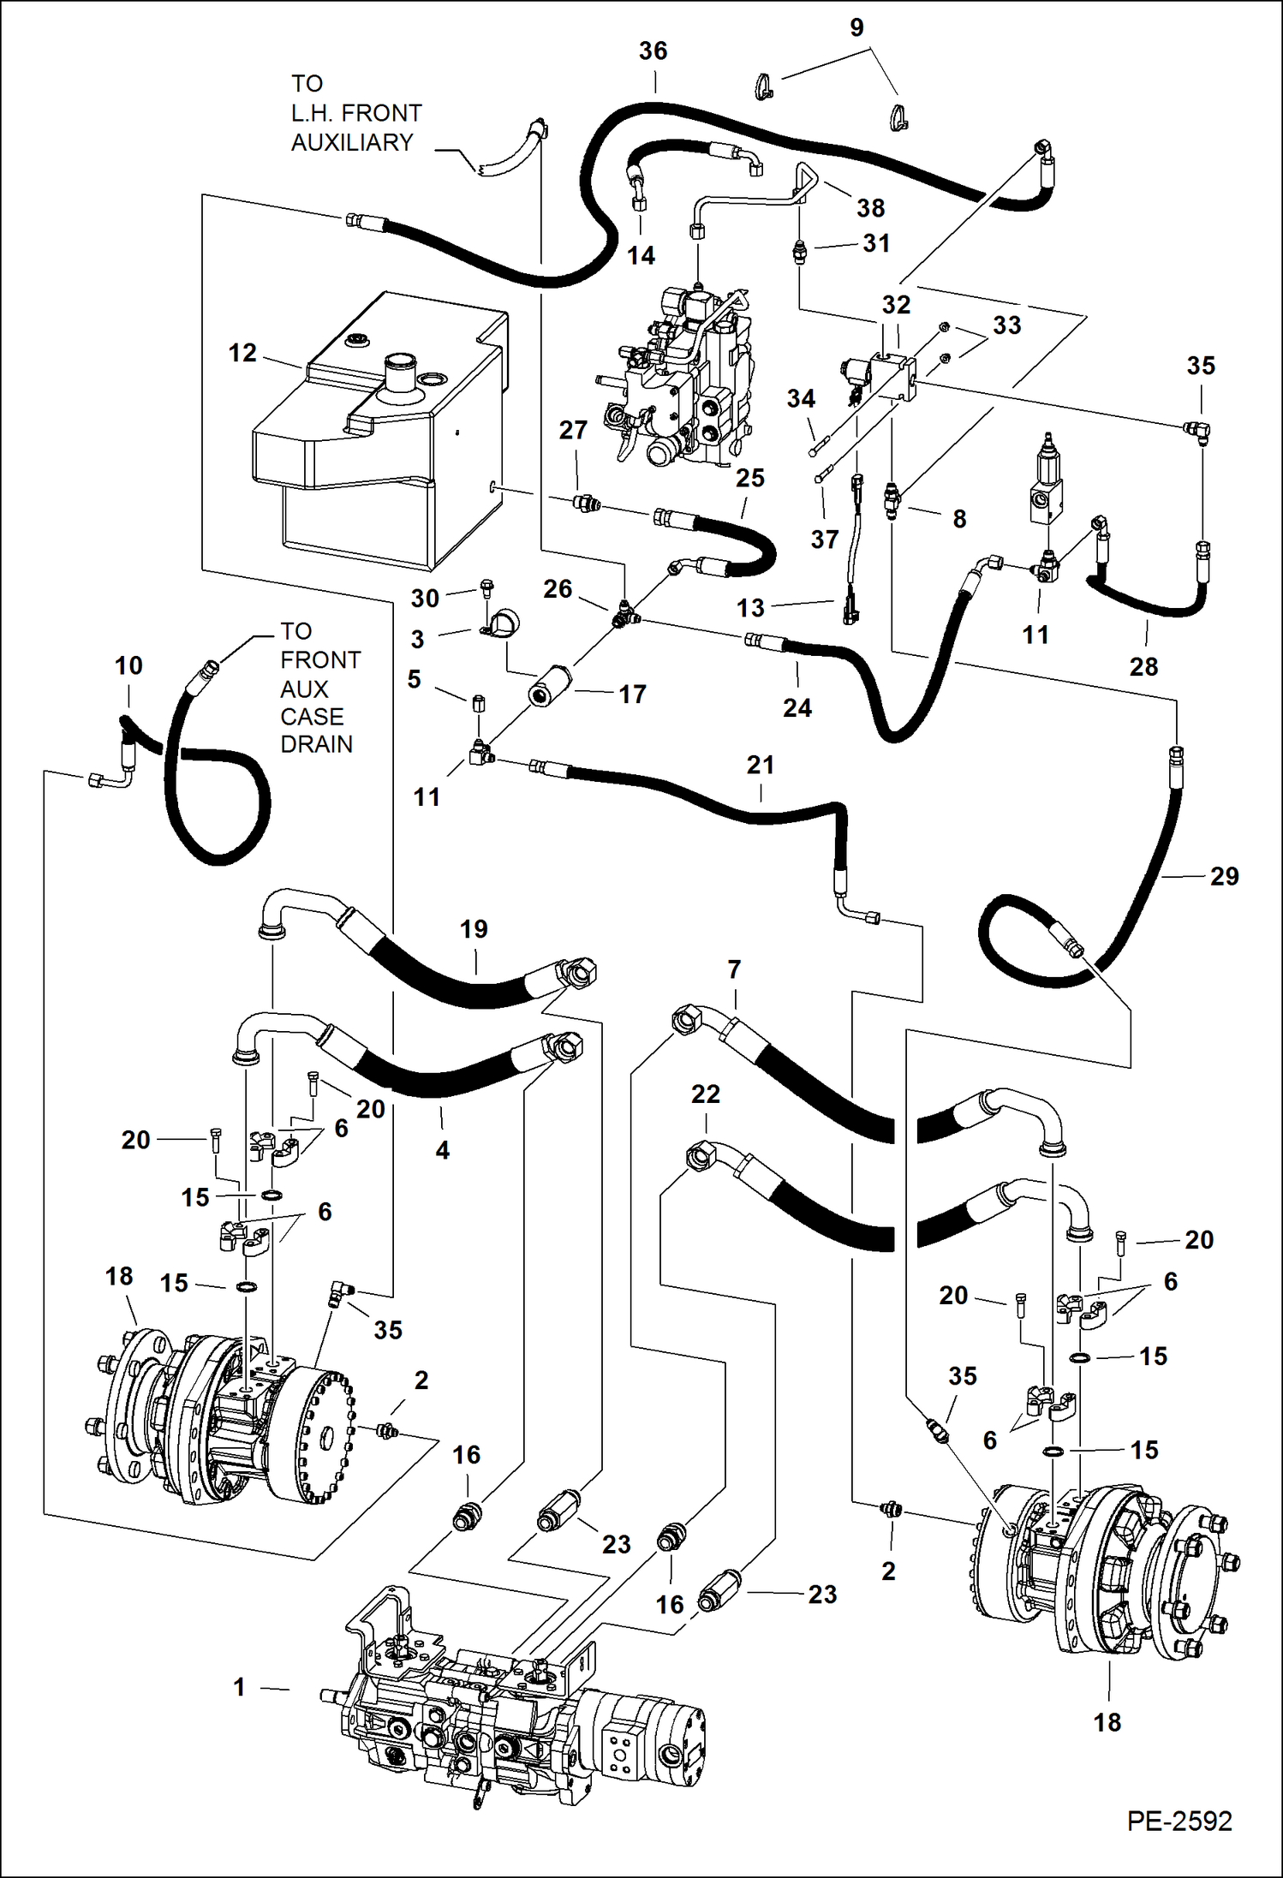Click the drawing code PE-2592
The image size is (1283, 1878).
tap(1179, 1820)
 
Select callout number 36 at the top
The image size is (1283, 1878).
tap(653, 51)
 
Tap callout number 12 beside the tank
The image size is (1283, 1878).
tap(242, 353)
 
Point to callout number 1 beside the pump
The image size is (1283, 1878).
tap(240, 1687)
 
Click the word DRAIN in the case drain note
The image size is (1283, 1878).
tap(316, 744)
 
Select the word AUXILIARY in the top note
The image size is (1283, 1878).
tap(352, 142)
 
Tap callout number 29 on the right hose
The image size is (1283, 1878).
tap(1224, 876)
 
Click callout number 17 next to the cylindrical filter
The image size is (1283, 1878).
tap(632, 695)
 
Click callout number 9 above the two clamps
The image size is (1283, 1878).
tap(856, 27)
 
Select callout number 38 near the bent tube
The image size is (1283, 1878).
tap(870, 208)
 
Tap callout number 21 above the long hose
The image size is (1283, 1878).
tap(760, 765)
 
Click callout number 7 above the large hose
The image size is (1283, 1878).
tap(734, 969)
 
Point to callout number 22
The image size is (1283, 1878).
tap(705, 1094)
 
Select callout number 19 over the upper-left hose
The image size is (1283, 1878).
tap(474, 929)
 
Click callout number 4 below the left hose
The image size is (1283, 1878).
tap(442, 1150)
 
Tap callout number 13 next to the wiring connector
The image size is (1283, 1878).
tap(750, 608)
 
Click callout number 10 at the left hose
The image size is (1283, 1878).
tap(128, 665)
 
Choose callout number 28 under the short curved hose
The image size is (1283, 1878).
tap(1143, 666)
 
